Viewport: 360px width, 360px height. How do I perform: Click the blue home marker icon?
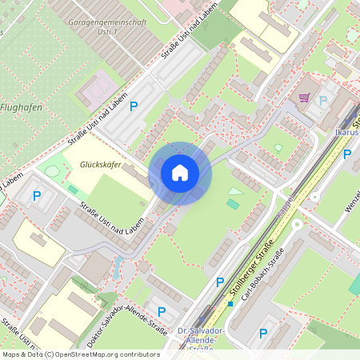(179, 173)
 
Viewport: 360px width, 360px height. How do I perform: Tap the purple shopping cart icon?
(304, 98)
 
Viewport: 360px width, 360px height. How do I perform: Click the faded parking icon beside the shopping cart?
(324, 101)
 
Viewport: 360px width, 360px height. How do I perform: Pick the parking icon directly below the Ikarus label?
(347, 154)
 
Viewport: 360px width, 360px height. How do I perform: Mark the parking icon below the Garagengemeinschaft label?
(134, 106)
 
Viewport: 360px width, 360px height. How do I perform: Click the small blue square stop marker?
(230, 304)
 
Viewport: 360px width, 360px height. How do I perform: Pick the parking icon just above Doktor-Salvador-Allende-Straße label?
(162, 311)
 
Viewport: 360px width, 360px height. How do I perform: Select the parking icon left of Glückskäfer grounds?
(36, 194)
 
